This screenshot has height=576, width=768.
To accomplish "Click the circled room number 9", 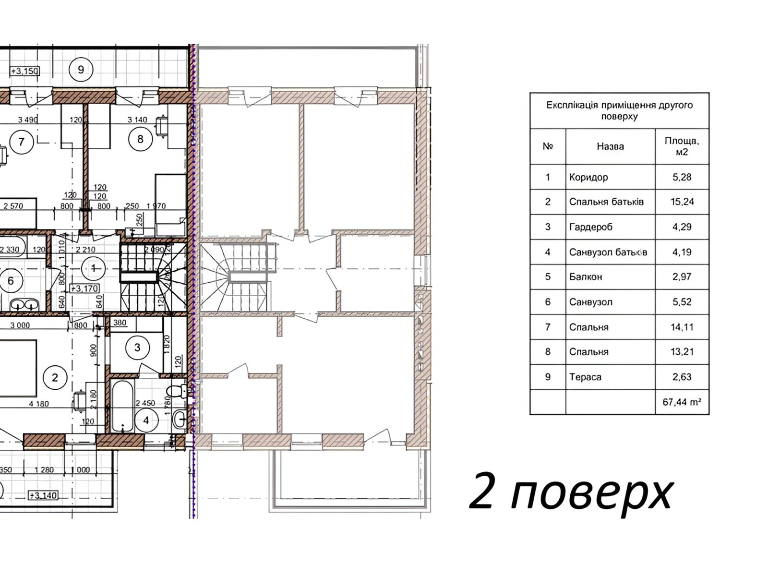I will [x=81, y=70].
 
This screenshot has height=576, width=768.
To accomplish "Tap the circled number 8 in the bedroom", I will [x=140, y=139].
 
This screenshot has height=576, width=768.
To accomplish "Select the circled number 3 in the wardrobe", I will [x=137, y=347].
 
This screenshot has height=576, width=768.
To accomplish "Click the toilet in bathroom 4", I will [x=179, y=391].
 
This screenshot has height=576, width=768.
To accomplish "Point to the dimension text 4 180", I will [x=38, y=404].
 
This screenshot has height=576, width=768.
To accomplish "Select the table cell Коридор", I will [x=588, y=177].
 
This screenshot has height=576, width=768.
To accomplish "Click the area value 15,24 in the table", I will [x=682, y=202].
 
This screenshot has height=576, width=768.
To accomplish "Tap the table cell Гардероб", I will [x=590, y=227].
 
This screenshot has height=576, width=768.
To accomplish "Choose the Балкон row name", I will [x=586, y=277].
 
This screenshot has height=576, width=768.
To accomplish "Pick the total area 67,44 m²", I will [x=682, y=402].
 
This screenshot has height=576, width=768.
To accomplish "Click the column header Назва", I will [x=610, y=146].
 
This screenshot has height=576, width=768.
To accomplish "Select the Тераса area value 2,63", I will [x=682, y=377].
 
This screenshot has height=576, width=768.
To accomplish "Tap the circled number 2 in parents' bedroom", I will [x=55, y=378].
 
